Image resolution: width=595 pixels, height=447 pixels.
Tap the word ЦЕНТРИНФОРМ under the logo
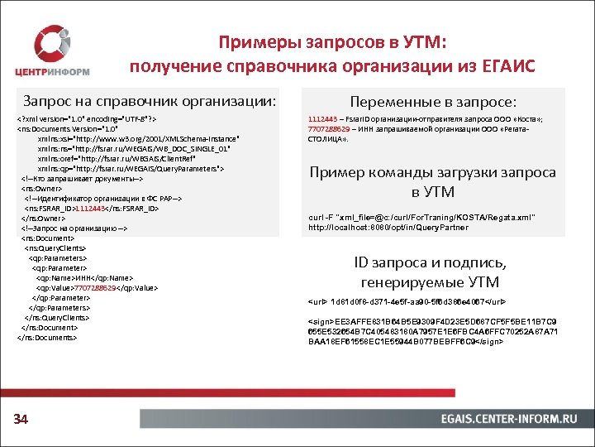click(x=62, y=70)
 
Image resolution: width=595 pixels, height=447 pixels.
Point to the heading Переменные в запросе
click(x=433, y=102)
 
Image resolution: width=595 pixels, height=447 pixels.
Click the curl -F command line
click(x=421, y=217)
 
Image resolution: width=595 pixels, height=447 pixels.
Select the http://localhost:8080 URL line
click(x=388, y=227)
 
